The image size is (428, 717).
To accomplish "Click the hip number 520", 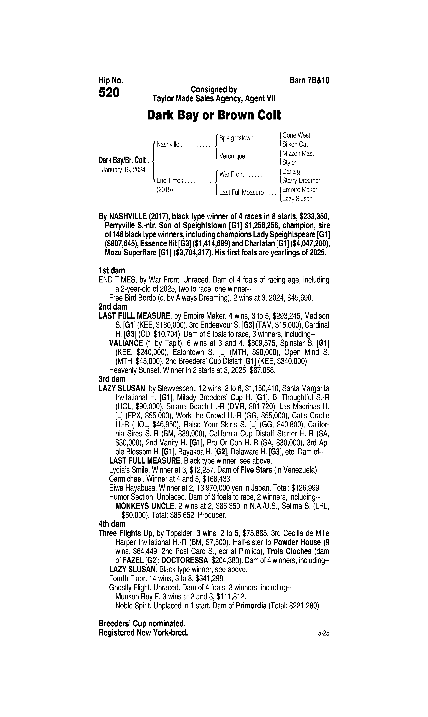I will coord(109,93).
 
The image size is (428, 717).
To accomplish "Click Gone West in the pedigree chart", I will coord(296,135).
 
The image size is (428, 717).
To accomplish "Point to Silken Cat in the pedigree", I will coord(295,144).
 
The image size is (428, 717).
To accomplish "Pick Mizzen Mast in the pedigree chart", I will coord(298,153).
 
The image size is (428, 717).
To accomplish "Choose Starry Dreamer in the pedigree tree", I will coord(301,181).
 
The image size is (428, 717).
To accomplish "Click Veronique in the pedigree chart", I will coord(232,156).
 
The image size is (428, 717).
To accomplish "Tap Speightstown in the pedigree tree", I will coord(236,138).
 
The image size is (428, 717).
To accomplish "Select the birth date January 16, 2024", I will coord(123,170).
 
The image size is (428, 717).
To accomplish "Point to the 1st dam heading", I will coord(112,271).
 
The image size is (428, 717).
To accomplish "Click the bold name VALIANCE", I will coord(126,343).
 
